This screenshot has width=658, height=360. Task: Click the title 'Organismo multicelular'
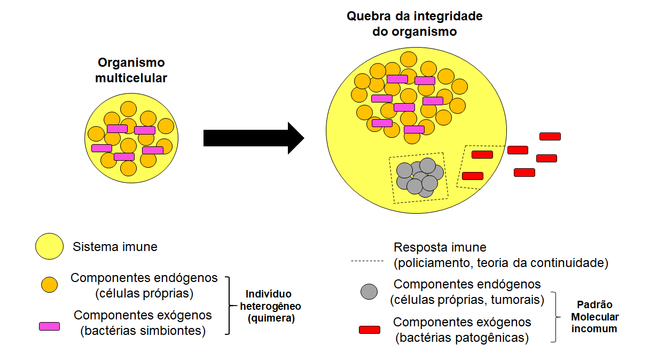131,70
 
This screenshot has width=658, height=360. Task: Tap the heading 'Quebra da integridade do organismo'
414,24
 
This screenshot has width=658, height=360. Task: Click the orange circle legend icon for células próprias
50,285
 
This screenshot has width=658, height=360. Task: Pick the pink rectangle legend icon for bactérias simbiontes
49,326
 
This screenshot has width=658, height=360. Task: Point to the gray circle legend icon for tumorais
369,292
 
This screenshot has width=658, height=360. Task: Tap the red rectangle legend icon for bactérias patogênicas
370,330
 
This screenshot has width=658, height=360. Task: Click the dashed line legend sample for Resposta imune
367,261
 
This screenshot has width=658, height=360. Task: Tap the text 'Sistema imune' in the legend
115,247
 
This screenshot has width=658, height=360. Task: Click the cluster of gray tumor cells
420,176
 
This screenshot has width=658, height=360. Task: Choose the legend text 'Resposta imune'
440,247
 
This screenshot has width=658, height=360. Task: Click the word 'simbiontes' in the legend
170,331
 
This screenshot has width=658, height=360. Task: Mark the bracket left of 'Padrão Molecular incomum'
559,317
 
